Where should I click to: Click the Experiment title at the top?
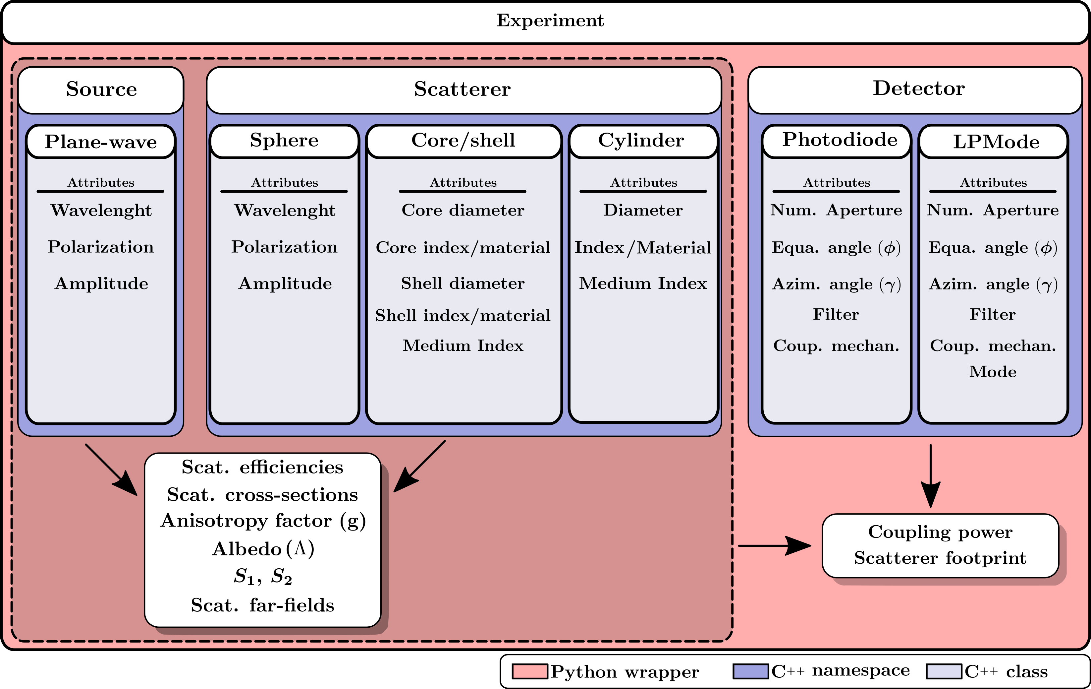[x=550, y=21]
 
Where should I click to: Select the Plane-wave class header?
[x=101, y=142]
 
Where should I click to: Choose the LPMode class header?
[x=996, y=142]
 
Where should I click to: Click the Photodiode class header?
[x=840, y=140]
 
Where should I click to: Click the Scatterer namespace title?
[x=462, y=89]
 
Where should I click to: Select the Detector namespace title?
[x=918, y=89]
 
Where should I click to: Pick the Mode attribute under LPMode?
[x=993, y=372]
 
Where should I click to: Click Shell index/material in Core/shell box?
[x=463, y=316]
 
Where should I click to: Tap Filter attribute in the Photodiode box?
[x=836, y=314]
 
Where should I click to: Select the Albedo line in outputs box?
[x=263, y=549]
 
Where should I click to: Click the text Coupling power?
[x=940, y=532]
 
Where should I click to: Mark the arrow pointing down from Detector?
[x=930, y=476]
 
